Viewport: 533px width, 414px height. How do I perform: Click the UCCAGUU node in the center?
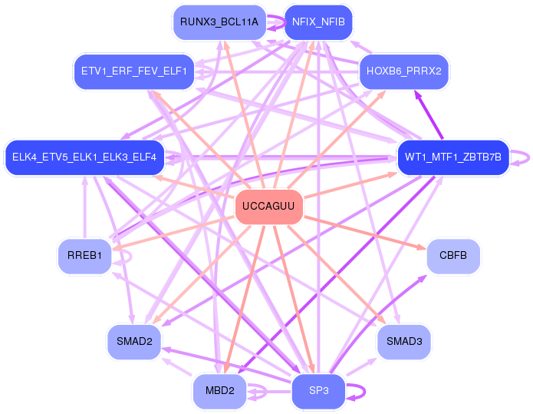tap(269, 207)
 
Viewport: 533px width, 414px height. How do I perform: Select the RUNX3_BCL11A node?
tap(219, 22)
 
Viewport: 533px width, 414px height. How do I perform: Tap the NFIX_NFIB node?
tap(318, 22)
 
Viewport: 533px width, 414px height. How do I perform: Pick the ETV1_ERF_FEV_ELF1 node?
tap(134, 71)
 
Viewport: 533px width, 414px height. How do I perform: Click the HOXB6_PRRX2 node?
tap(404, 71)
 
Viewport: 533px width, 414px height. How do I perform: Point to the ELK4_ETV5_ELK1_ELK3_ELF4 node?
tap(84, 157)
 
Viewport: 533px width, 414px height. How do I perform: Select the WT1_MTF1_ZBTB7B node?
tap(452, 157)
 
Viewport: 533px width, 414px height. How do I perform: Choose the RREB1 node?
tap(84, 256)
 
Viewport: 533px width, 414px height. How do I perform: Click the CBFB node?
tap(453, 256)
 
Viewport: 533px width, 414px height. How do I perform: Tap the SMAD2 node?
tap(134, 342)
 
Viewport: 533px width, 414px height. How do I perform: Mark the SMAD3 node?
tap(404, 342)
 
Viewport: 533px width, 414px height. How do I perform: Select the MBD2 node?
tap(219, 390)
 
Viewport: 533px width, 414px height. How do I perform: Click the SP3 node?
tap(318, 390)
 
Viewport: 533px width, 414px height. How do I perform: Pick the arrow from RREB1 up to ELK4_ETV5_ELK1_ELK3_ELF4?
tap(84, 207)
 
